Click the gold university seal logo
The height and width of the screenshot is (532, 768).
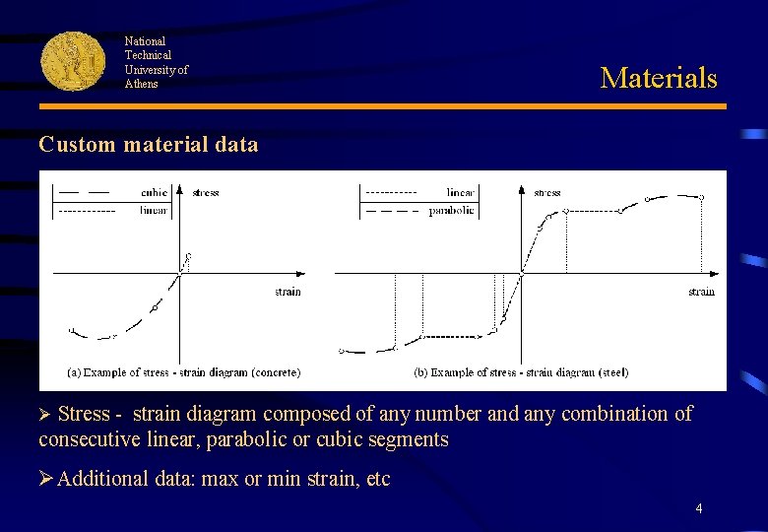[73, 60]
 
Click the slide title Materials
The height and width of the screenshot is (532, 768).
[659, 78]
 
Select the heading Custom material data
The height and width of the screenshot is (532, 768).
[149, 145]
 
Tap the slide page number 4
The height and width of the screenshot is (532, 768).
[699, 508]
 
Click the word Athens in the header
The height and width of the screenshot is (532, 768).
[141, 84]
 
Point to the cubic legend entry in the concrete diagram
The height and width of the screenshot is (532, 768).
[154, 192]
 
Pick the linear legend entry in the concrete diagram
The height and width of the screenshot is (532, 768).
[153, 209]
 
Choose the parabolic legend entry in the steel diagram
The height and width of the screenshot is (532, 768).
[452, 210]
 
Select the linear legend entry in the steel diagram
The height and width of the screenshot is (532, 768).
[460, 192]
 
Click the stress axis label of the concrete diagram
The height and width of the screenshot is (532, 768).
[206, 192]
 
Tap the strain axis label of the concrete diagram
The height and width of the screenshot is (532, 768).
[288, 291]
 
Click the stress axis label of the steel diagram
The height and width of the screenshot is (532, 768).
[547, 192]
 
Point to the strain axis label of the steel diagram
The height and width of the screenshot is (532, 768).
[701, 291]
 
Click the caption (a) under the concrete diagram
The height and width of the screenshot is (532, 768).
[183, 372]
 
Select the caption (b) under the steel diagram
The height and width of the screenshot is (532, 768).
[521, 372]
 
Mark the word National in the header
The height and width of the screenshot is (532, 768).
[145, 41]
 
